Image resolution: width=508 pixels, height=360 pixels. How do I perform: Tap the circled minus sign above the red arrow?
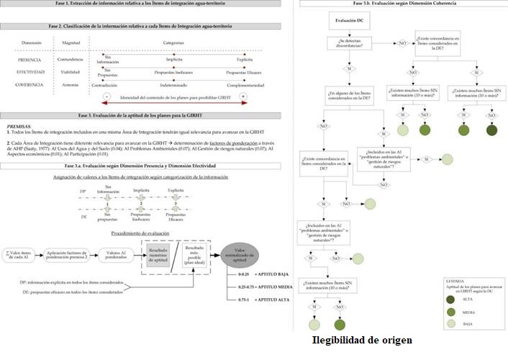point(106,96)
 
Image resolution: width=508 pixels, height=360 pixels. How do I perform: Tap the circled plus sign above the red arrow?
point(242,96)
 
